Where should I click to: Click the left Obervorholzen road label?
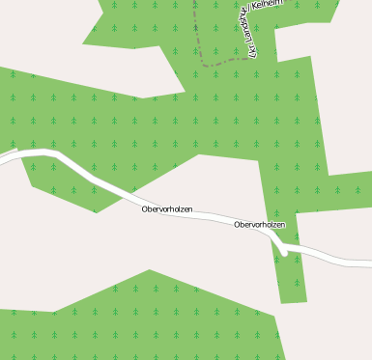167,208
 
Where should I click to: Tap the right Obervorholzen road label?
259,224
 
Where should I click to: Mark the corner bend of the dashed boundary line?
204,63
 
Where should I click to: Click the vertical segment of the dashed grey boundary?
195,29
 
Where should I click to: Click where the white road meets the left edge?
2,157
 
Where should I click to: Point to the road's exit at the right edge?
369,262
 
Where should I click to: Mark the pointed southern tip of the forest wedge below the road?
96,211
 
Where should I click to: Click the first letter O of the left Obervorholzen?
144,208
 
